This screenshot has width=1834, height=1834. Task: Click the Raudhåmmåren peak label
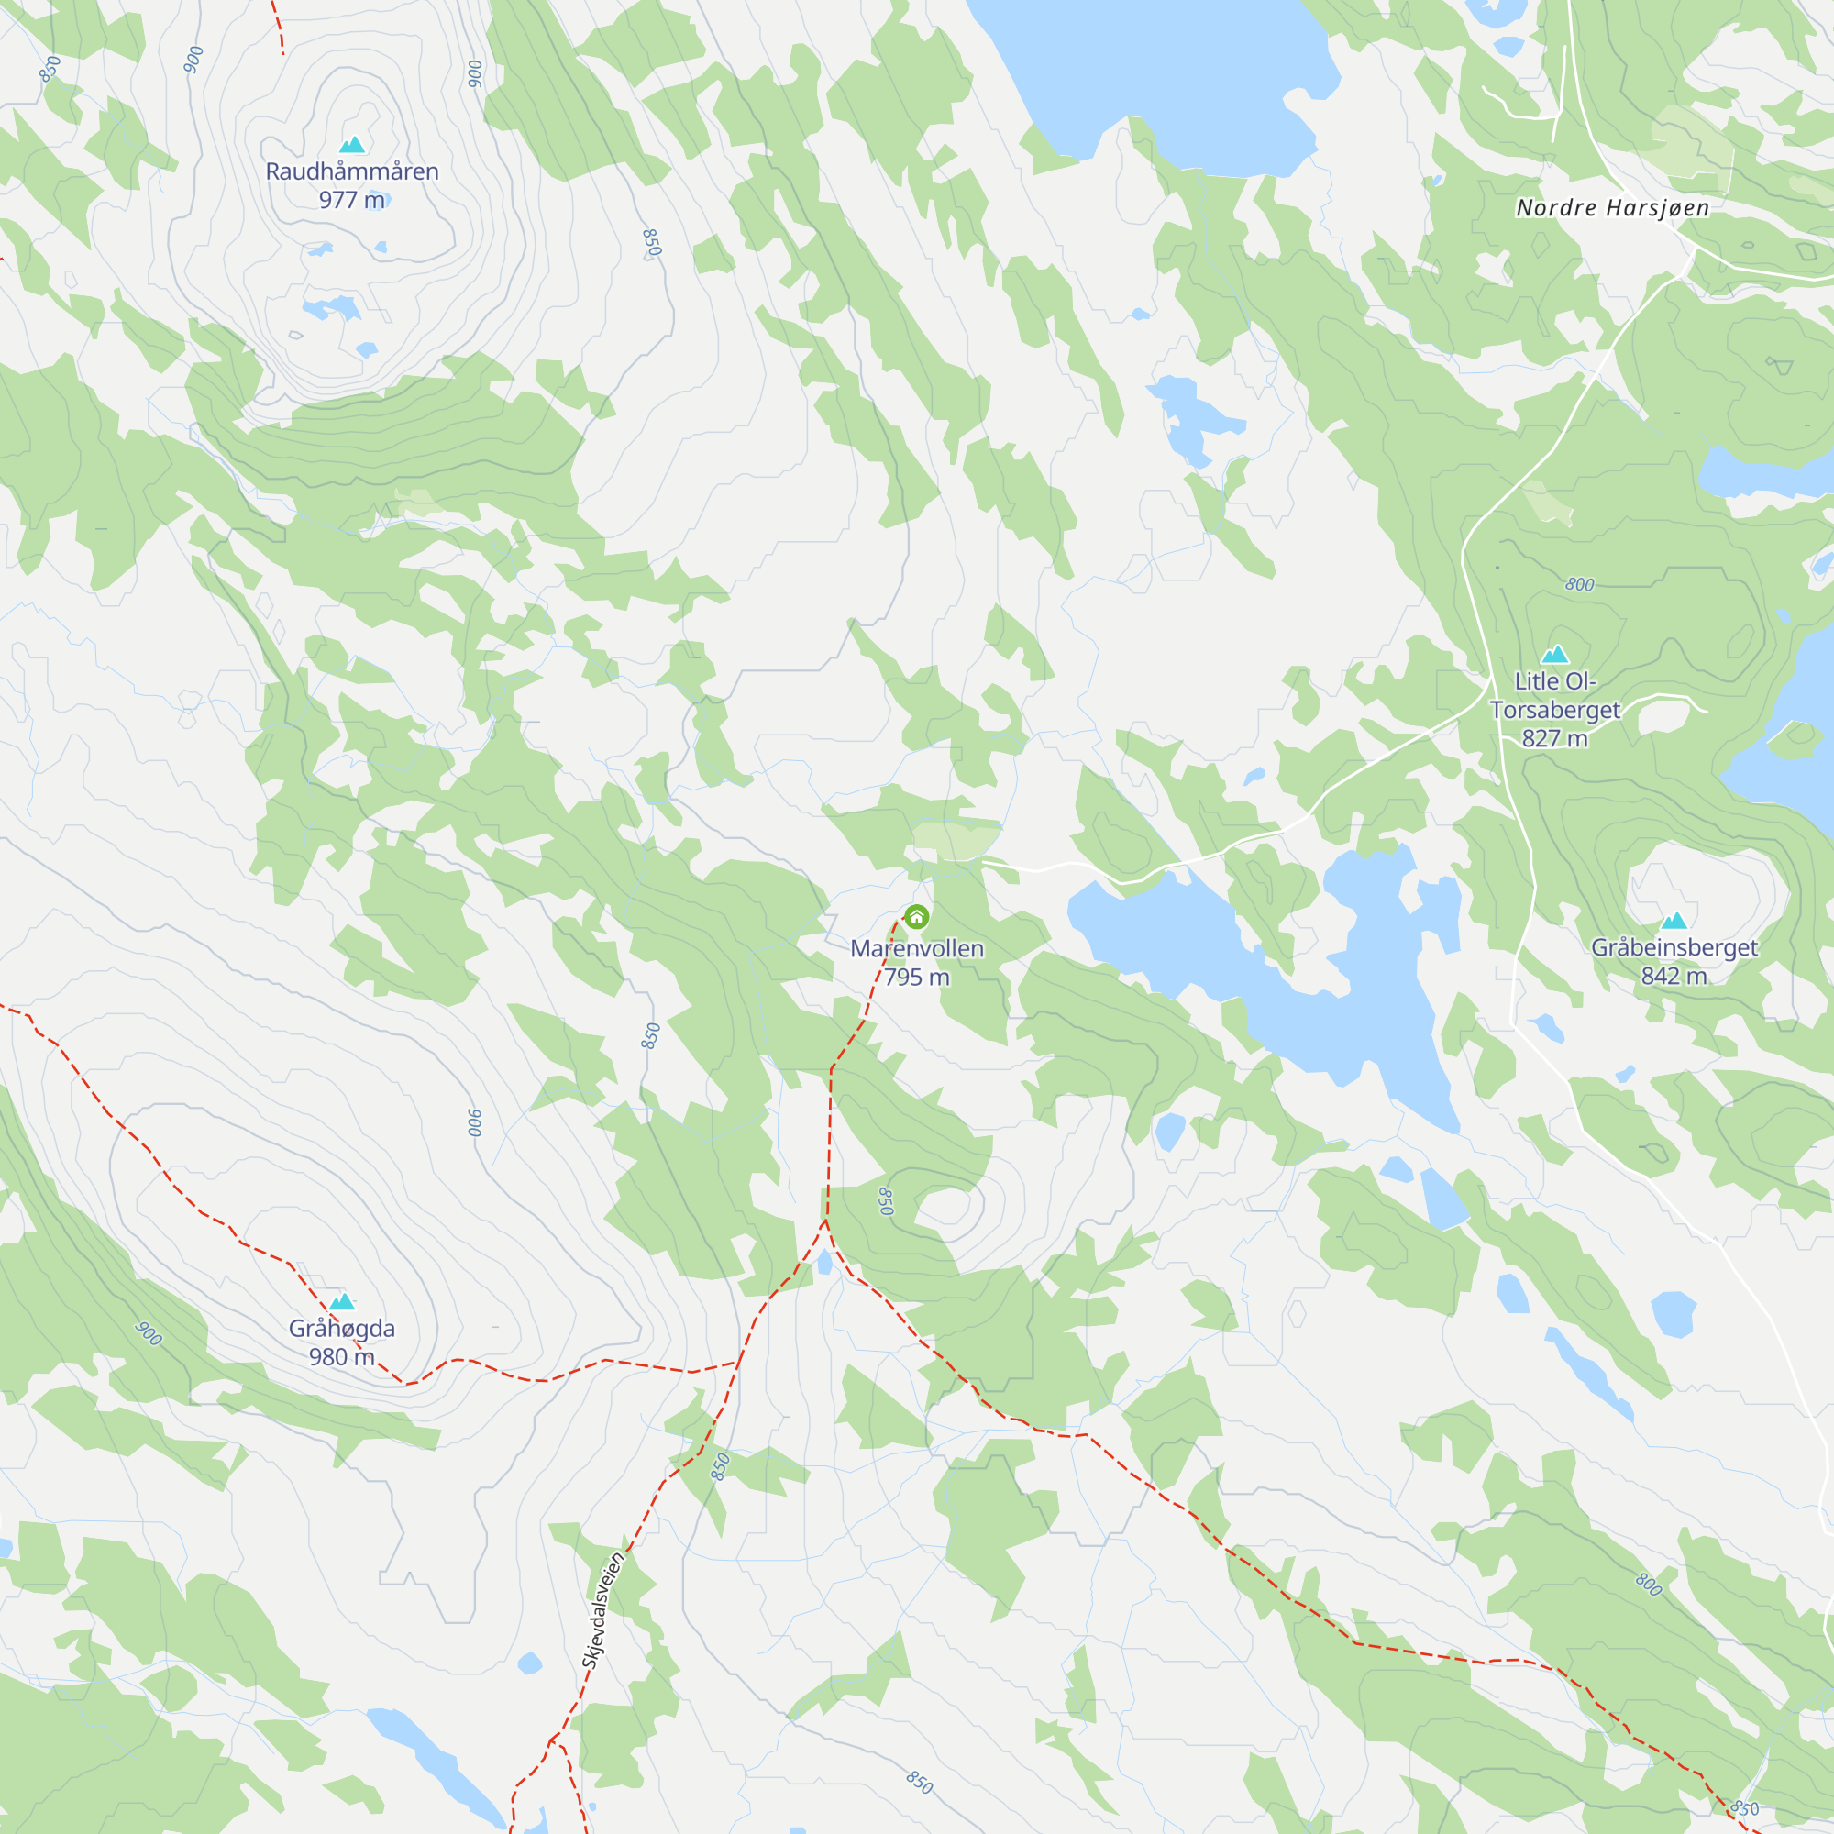click(x=352, y=171)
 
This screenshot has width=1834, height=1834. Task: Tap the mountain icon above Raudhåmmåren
click(x=352, y=144)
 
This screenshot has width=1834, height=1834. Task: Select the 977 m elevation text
click(x=352, y=200)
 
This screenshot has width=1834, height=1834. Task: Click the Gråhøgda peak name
click(x=342, y=1328)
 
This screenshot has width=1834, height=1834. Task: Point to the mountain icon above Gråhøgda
click(x=342, y=1300)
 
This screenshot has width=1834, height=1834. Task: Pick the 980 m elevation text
click(x=342, y=1356)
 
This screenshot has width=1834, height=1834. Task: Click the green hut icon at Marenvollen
click(x=916, y=917)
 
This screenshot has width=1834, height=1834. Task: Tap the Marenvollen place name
click(x=917, y=948)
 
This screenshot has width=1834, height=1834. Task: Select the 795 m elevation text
click(x=917, y=977)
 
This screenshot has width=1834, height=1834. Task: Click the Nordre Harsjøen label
click(x=1613, y=208)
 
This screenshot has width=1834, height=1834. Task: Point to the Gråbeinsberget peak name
click(x=1674, y=947)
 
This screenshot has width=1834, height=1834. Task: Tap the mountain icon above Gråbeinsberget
click(x=1674, y=920)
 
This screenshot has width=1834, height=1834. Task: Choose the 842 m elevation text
click(x=1674, y=976)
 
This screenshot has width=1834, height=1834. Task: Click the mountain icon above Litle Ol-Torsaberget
click(x=1555, y=654)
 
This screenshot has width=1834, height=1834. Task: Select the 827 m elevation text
click(x=1555, y=737)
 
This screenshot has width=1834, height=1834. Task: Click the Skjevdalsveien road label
click(x=603, y=1611)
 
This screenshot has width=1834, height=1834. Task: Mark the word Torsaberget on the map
click(x=1555, y=710)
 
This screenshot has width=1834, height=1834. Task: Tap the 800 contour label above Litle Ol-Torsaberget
click(x=1580, y=585)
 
